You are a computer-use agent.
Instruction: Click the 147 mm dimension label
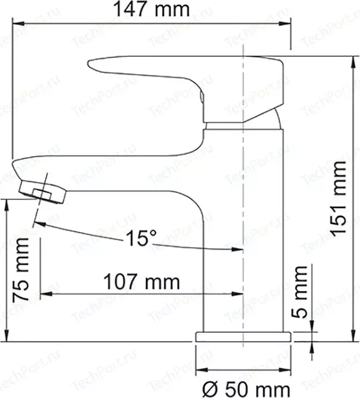(x=151, y=9)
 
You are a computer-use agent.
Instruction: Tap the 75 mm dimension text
(x=21, y=270)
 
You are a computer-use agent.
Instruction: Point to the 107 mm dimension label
(x=142, y=281)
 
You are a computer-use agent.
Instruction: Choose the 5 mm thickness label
(x=300, y=292)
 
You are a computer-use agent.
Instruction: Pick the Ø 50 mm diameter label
(x=246, y=389)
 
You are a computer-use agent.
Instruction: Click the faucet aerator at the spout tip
(x=42, y=191)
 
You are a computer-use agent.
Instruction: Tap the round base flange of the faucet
(x=243, y=336)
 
